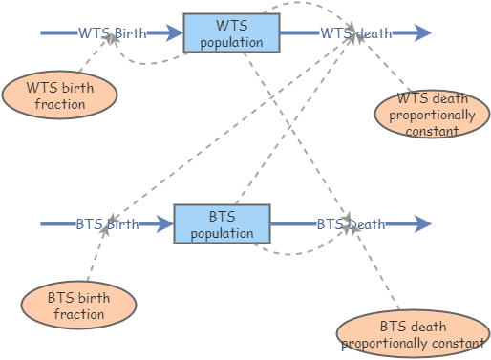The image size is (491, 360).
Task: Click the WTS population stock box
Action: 231,32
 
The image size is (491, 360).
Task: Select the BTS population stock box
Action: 222,223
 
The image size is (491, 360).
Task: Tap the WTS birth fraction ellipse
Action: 60,95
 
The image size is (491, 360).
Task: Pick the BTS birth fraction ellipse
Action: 79,305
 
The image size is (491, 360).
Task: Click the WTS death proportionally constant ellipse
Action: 432,114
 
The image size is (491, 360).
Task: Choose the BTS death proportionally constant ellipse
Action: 413,333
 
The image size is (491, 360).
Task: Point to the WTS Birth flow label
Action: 113,33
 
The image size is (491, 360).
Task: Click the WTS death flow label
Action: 356,33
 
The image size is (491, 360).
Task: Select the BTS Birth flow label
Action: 107,224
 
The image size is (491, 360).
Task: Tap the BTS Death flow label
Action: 351,224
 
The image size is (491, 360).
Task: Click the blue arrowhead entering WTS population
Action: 175,32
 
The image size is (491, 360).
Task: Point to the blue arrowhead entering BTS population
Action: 165,223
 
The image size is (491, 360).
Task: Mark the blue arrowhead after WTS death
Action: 423,32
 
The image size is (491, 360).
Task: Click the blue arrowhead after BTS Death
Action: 423,223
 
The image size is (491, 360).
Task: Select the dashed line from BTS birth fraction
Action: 96,253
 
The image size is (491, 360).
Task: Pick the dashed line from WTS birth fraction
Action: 95,53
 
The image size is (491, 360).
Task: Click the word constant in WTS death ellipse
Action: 432,131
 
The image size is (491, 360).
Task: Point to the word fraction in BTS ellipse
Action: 79,314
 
